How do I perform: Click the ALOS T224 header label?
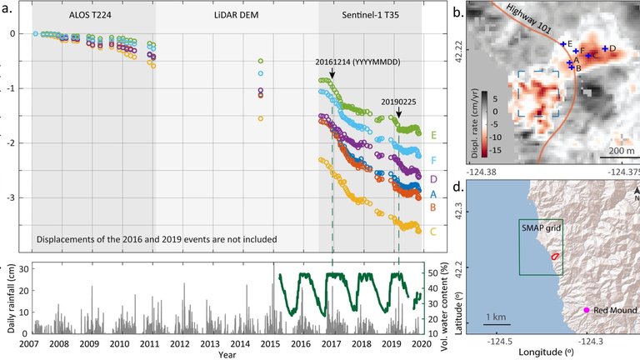[92, 16]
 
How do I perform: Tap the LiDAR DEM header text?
[236, 16]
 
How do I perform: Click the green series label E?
[433, 133]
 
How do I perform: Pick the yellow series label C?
[433, 231]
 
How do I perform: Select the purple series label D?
[433, 178]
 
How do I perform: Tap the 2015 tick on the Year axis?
[272, 343]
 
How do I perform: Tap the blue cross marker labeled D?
[604, 48]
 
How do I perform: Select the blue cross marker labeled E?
[563, 43]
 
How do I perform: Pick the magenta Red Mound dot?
[587, 310]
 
